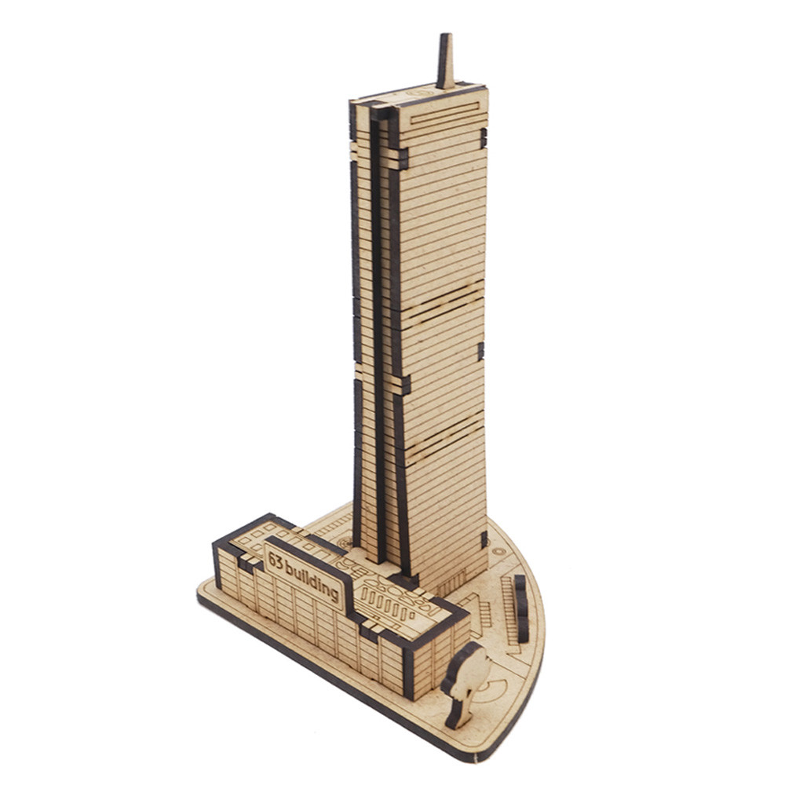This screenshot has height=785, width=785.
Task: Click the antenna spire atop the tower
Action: point(446,61)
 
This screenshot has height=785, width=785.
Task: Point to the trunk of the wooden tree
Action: point(457,710)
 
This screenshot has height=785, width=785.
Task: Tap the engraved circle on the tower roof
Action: point(419,93)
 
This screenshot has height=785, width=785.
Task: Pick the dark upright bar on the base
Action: point(521,608)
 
